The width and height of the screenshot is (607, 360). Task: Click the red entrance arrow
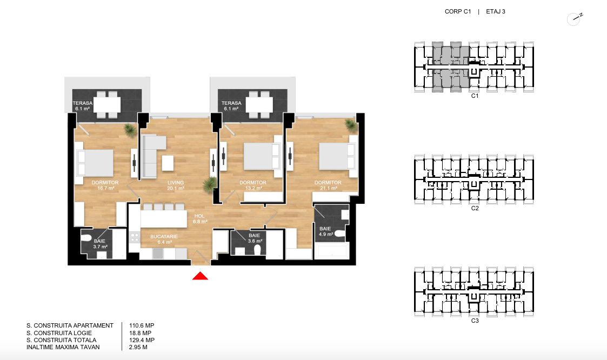[200, 276]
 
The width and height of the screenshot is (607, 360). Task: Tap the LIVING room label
[176, 182]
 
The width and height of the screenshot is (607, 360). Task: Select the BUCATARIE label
[164, 236]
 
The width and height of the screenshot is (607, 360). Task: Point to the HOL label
[200, 216]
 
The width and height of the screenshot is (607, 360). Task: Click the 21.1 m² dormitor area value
[328, 188]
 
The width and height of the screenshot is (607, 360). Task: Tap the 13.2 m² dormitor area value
[253, 188]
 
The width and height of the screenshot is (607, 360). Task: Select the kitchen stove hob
[135, 237]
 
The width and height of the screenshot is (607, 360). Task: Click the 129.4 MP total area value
[142, 340]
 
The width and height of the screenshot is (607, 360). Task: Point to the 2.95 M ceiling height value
[138, 347]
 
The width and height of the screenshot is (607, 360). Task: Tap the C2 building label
[475, 208]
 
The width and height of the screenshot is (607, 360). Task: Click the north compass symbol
[575, 19]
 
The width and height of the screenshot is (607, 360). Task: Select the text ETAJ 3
[496, 11]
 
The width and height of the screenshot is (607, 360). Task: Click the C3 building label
[475, 321]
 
